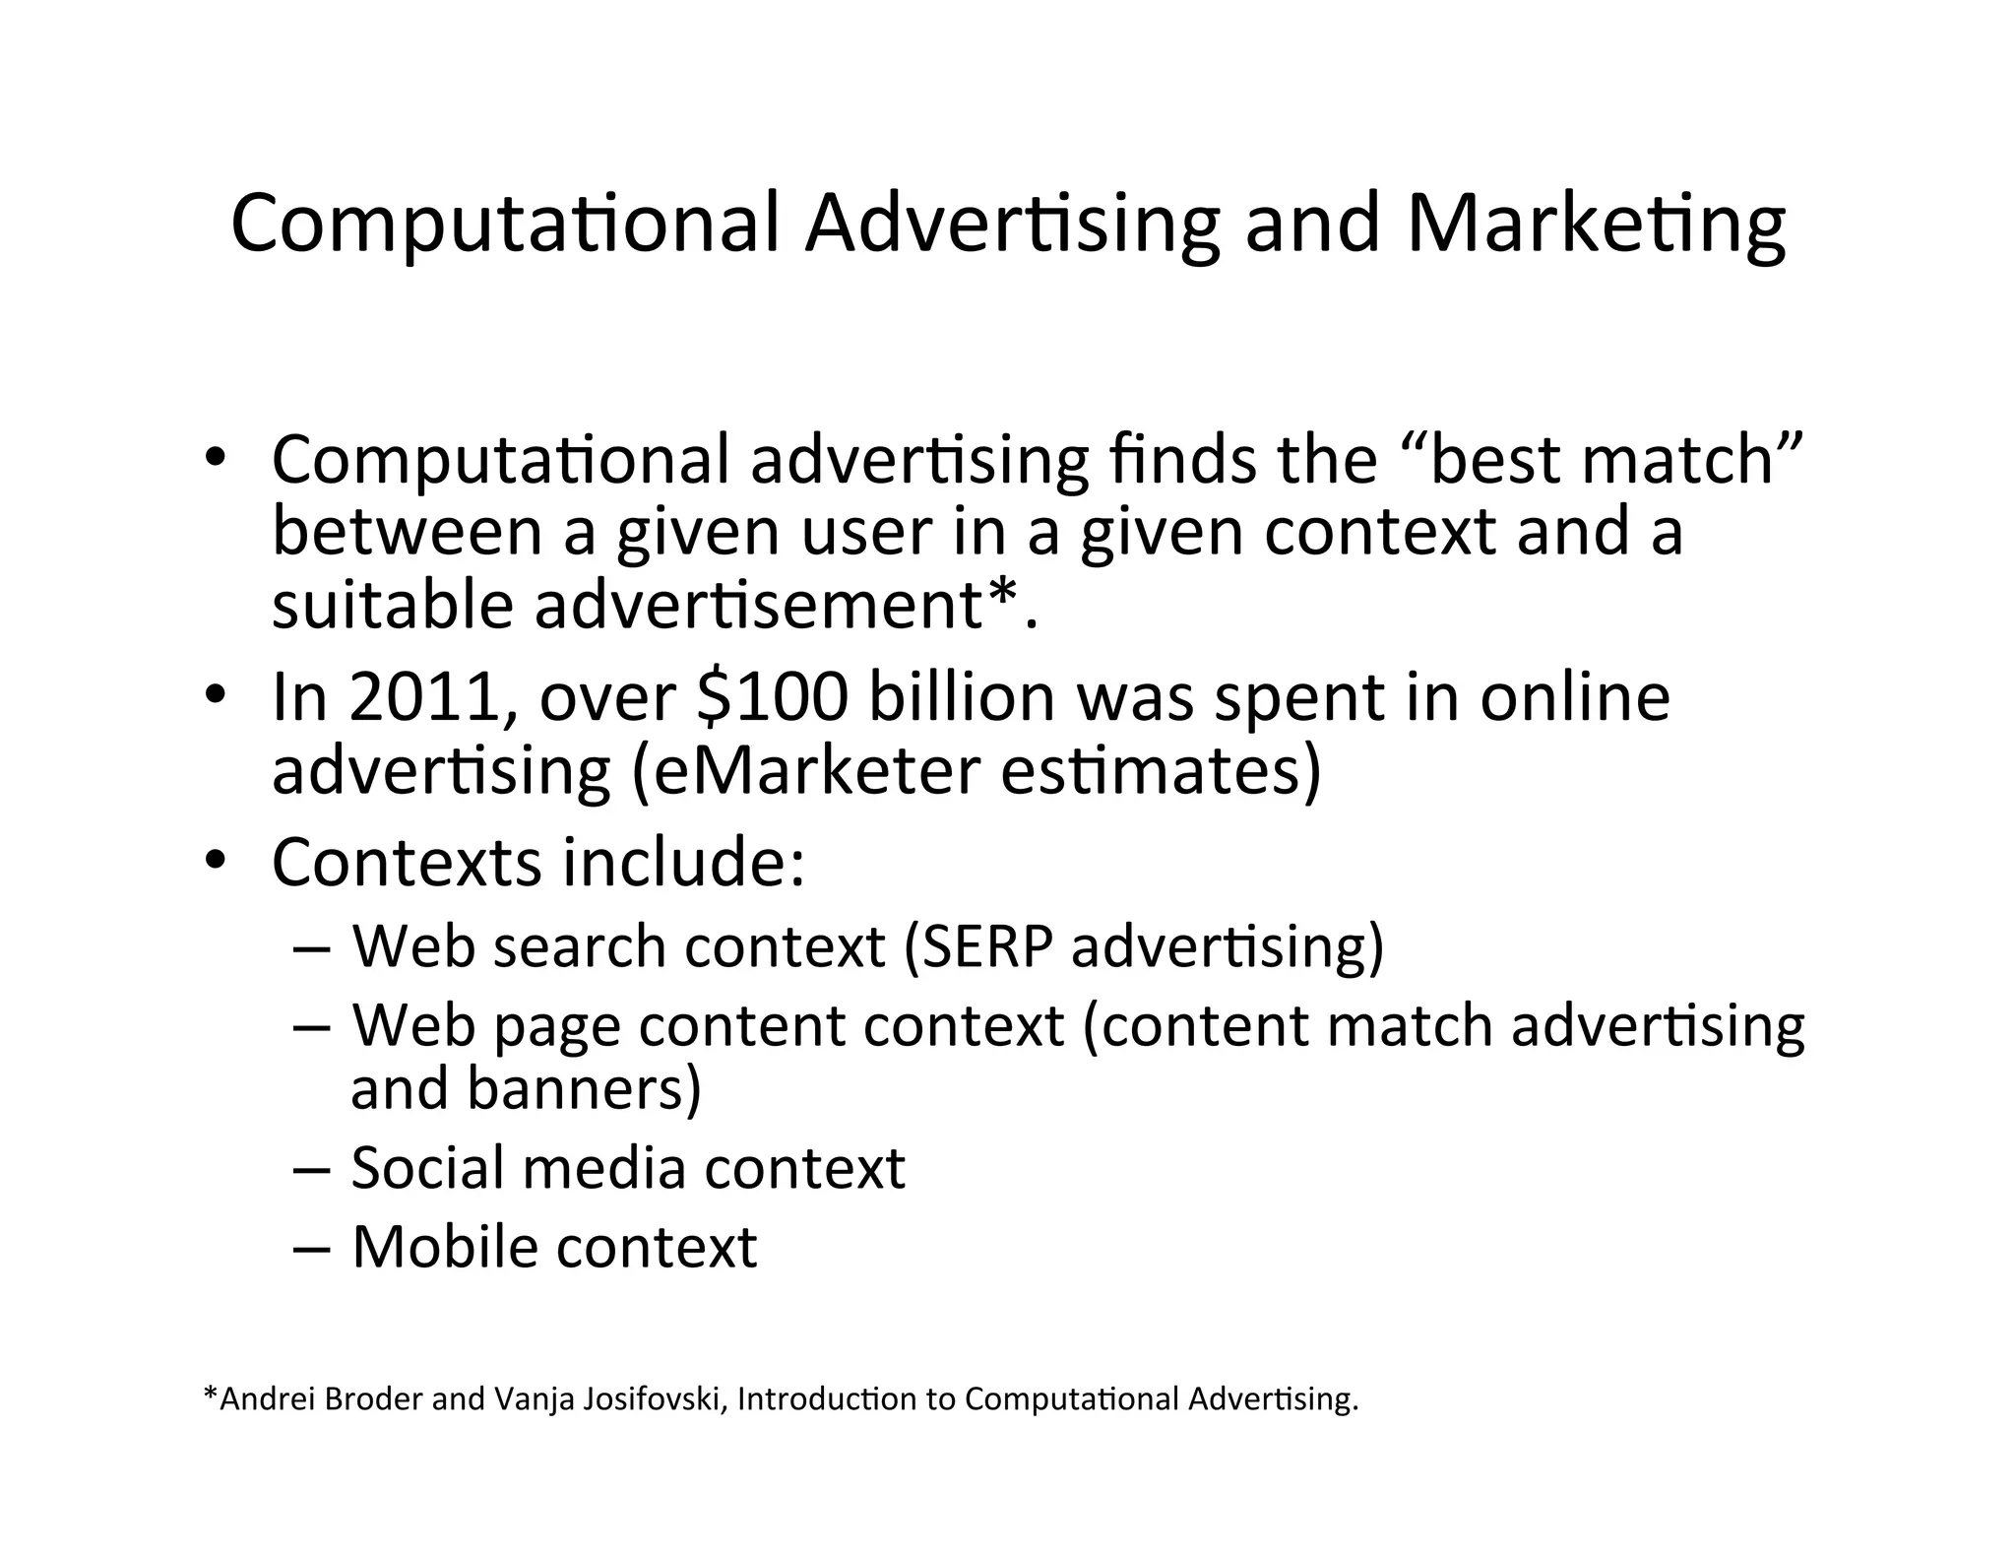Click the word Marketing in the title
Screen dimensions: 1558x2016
point(1596,225)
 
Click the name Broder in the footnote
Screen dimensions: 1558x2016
point(373,1399)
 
